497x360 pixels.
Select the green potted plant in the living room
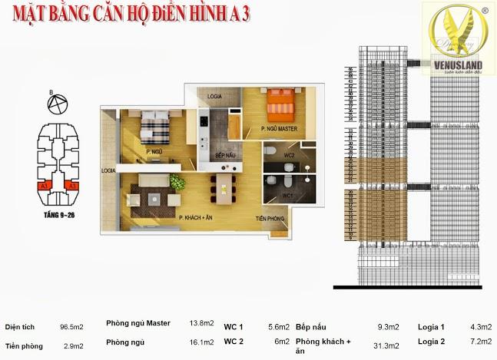[178, 183]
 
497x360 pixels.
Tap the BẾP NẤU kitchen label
[224, 156]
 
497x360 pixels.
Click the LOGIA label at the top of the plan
[214, 97]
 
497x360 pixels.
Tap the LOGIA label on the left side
[108, 170]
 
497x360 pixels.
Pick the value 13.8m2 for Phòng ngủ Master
[200, 324]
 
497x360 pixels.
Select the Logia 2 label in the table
[430, 342]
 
